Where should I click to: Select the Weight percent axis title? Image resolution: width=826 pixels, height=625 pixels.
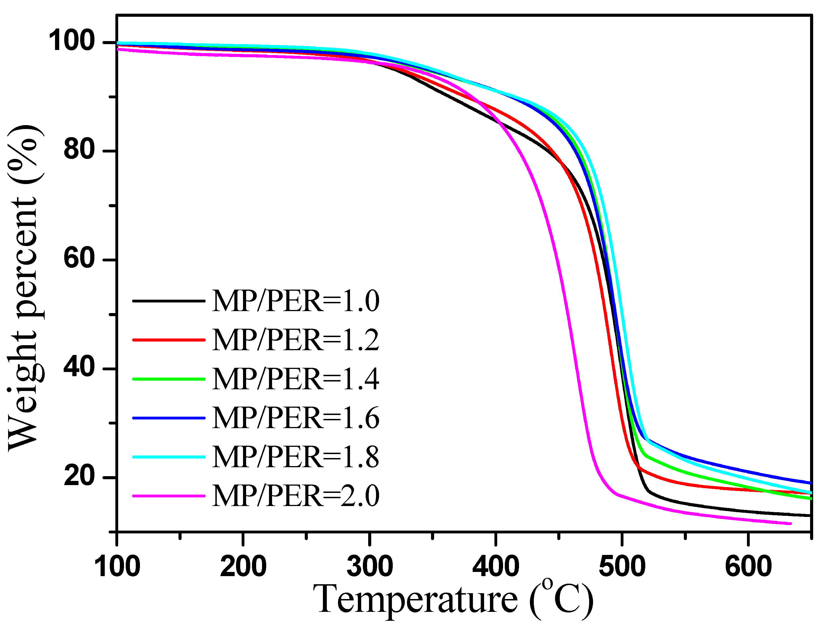pyautogui.click(x=23, y=287)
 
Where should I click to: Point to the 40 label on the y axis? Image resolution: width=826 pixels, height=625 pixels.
pyautogui.click(x=79, y=368)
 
